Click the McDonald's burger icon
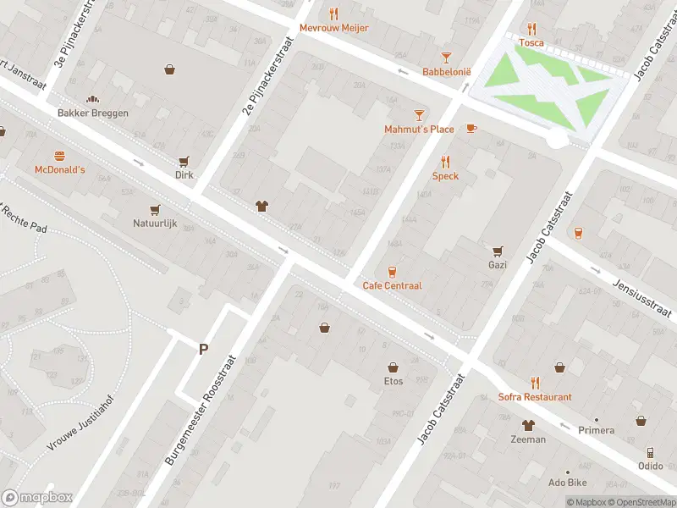[x=59, y=156]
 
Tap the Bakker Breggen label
[x=93, y=113]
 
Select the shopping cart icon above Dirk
[x=184, y=161]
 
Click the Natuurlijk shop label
[x=155, y=224]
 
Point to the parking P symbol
[x=203, y=349]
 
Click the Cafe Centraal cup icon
[x=392, y=271]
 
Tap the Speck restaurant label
[x=445, y=176]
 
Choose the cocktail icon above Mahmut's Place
[x=418, y=114]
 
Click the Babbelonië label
[x=446, y=72]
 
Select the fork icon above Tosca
[x=531, y=28]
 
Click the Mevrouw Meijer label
[x=333, y=27]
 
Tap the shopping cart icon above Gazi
[x=498, y=251]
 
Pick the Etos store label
[x=393, y=381]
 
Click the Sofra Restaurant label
[x=535, y=397]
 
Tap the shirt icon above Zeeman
[x=528, y=425]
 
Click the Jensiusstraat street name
[x=642, y=296]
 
